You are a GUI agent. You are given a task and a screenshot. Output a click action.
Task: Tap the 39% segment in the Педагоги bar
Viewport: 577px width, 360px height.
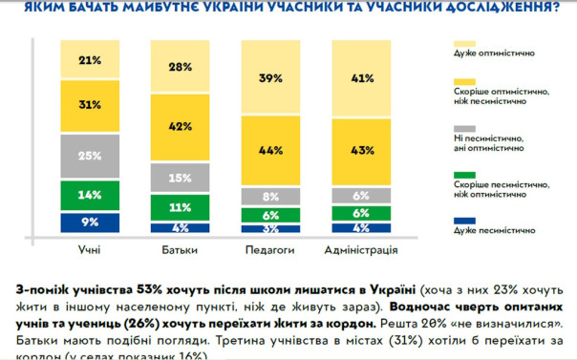pyautogui.click(x=270, y=78)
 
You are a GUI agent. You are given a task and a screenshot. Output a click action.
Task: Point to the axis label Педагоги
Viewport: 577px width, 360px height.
pyautogui.click(x=270, y=250)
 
